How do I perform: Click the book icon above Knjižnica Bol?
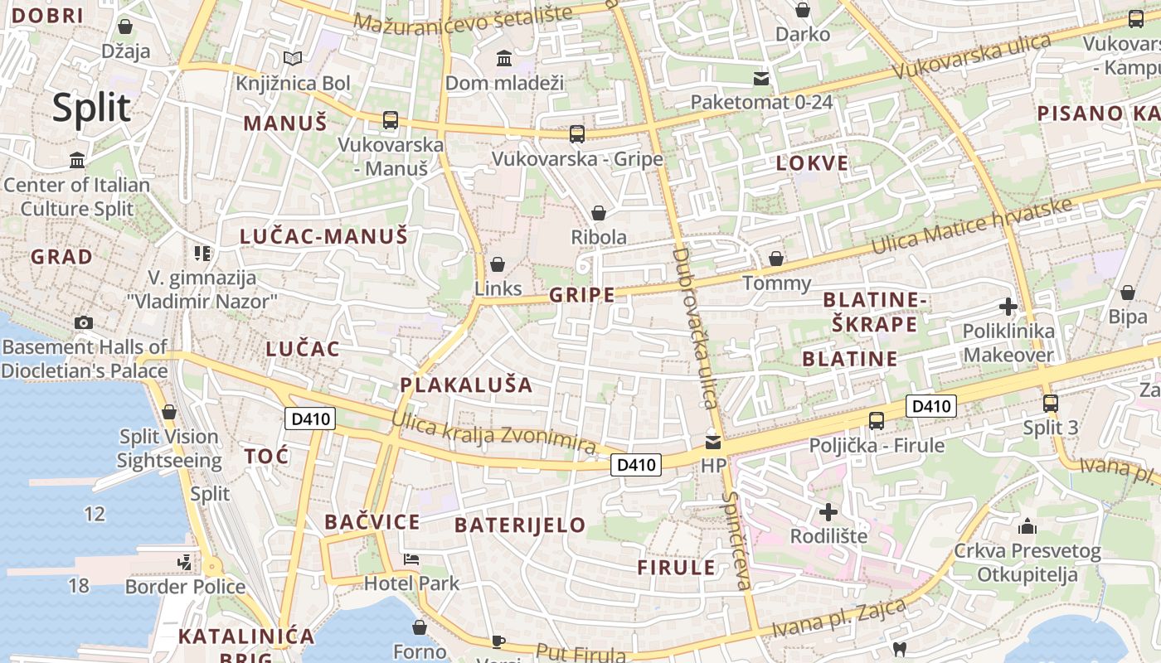(x=292, y=58)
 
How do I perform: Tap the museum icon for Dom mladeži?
(x=503, y=58)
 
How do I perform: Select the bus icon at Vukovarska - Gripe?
(x=577, y=133)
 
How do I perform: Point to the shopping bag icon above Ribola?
(x=599, y=213)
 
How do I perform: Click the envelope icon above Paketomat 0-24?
(x=761, y=79)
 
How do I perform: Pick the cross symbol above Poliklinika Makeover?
(x=1008, y=307)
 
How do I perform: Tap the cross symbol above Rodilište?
(x=828, y=511)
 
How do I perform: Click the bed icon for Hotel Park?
(x=411, y=559)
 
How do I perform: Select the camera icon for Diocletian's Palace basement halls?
(x=84, y=322)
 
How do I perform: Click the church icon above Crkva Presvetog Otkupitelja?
(x=1027, y=526)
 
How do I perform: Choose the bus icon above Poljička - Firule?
(x=877, y=420)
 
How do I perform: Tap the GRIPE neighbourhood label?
(x=582, y=295)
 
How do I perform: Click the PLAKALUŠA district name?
(x=466, y=385)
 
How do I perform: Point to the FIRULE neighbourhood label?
(x=676, y=568)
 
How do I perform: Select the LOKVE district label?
(x=812, y=163)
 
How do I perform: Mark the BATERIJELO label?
(x=520, y=525)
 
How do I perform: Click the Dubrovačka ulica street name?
(x=695, y=328)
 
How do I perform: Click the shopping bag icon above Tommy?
(x=776, y=259)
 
